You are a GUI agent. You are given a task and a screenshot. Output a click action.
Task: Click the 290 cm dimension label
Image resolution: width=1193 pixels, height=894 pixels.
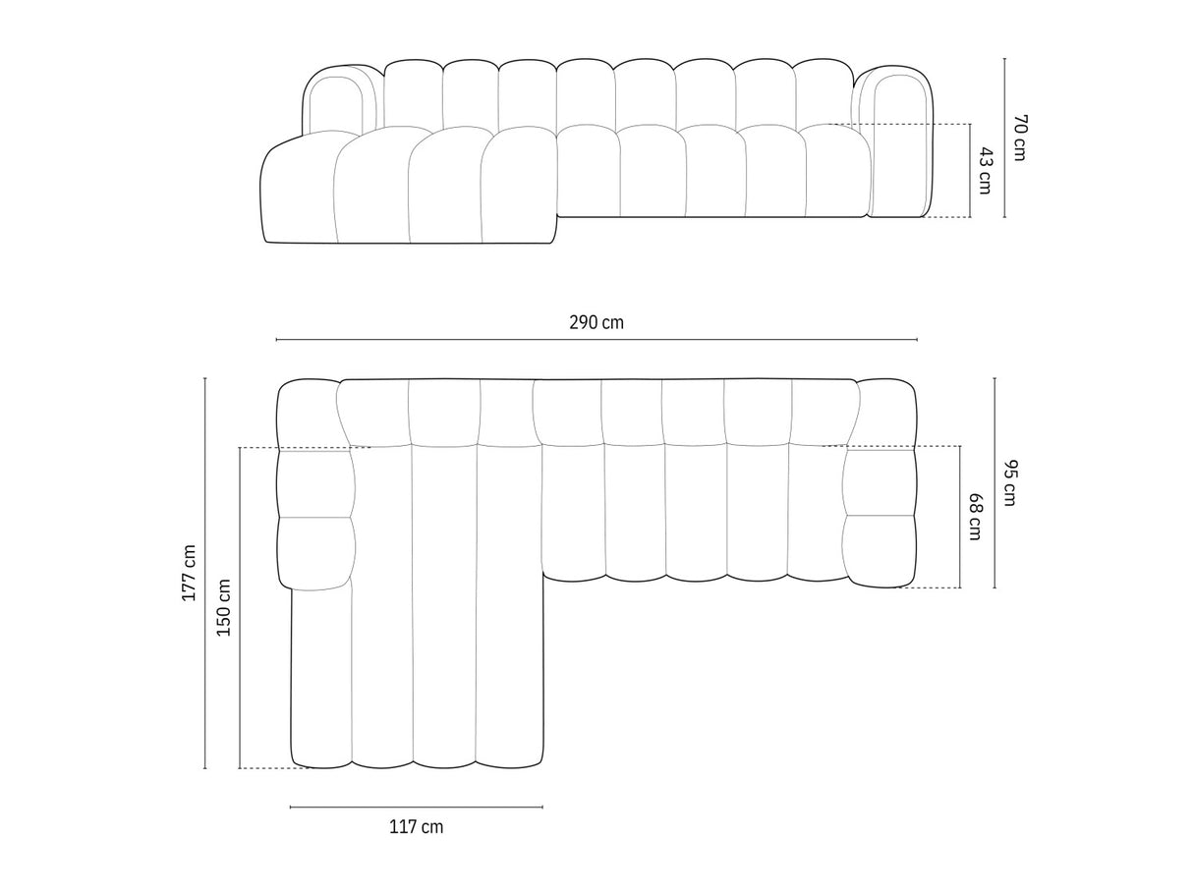(x=596, y=322)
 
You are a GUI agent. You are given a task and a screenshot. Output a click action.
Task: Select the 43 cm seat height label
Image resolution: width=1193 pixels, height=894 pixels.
(x=985, y=170)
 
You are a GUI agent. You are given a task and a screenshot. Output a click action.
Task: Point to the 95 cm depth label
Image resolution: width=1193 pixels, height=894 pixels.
(x=1009, y=482)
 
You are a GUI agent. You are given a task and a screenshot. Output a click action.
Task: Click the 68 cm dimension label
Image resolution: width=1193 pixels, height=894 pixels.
(x=975, y=517)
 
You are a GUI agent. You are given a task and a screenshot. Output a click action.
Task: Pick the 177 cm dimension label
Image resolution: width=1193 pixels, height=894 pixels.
(x=189, y=573)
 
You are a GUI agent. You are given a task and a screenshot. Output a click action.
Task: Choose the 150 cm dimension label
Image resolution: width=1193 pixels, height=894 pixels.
(x=224, y=607)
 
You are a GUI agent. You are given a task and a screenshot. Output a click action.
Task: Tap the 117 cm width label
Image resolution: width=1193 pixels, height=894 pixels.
(x=416, y=827)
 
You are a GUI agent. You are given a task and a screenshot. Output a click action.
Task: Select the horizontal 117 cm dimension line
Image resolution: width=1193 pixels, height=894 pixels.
(x=416, y=808)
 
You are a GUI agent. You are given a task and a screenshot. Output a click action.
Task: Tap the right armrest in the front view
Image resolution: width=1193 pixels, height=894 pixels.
(x=897, y=142)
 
